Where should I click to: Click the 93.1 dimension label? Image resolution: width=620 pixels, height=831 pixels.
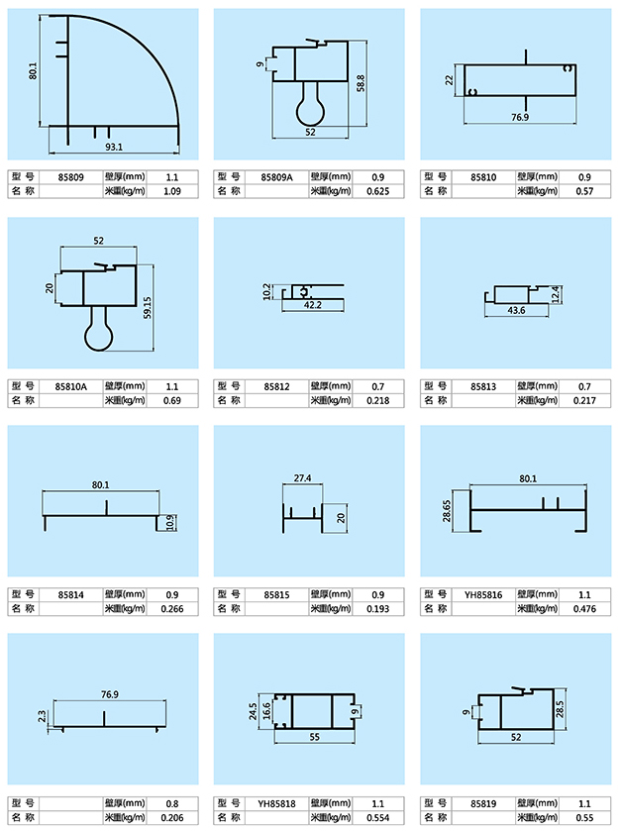point(113,148)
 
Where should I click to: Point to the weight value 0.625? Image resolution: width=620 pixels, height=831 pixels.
point(377,191)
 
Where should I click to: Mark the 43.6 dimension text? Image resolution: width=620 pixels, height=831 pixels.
point(515,311)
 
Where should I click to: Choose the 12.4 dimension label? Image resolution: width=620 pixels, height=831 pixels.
point(556,294)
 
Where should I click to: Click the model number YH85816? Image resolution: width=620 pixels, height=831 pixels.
point(483,594)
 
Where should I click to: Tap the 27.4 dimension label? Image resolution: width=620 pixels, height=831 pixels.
point(303,478)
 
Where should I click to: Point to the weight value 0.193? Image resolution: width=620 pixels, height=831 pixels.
point(377,609)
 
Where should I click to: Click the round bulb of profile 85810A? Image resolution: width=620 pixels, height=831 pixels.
point(97,337)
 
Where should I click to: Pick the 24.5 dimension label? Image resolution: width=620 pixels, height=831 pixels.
point(254,711)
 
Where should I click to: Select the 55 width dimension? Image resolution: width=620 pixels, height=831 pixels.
point(315,737)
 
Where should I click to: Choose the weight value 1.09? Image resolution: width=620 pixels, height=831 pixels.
point(170,191)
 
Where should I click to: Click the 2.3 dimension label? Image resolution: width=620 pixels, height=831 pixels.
point(42,713)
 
